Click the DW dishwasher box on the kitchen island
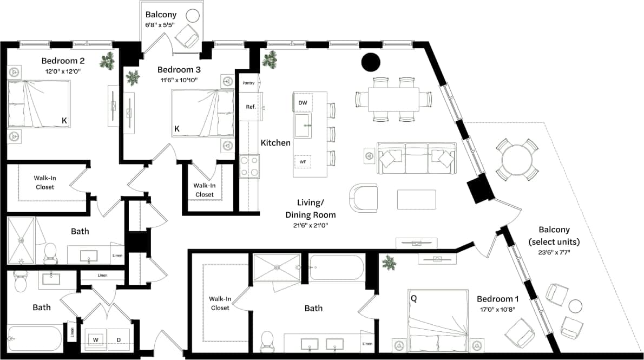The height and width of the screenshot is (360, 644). pyautogui.click(x=303, y=102)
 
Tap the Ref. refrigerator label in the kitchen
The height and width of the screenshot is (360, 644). pyautogui.click(x=251, y=107)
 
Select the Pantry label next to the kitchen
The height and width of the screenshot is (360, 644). pyautogui.click(x=248, y=83)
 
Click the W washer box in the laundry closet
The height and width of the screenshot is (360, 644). pyautogui.click(x=95, y=339)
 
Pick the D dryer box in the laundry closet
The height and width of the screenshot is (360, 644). pyautogui.click(x=119, y=339)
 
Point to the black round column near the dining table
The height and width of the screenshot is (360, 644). pyautogui.click(x=371, y=62)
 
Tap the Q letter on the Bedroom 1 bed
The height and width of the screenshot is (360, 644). pyautogui.click(x=413, y=298)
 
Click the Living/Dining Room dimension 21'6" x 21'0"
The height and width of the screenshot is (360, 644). pyautogui.click(x=307, y=225)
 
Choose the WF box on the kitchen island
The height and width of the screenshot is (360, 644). pyautogui.click(x=303, y=161)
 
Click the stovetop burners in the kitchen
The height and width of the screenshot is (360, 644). pyautogui.click(x=249, y=166)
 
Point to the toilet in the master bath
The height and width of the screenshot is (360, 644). pyautogui.click(x=267, y=340)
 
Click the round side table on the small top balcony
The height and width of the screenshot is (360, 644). pyautogui.click(x=193, y=16)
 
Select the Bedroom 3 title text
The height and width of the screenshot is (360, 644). pyautogui.click(x=179, y=69)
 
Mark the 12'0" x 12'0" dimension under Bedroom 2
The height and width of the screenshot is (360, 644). pyautogui.click(x=63, y=71)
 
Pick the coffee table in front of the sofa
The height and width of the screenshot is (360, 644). pyautogui.click(x=417, y=199)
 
